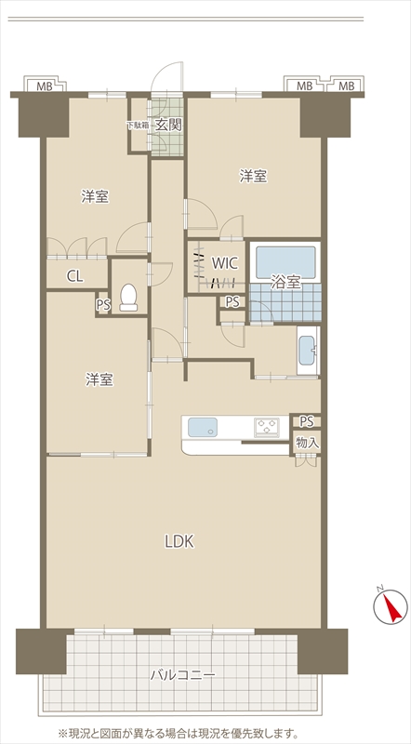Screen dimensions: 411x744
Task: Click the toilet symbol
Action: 128,298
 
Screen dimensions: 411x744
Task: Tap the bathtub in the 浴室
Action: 285,262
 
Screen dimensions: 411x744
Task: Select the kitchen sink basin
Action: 203,428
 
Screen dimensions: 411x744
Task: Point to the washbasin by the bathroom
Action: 308,351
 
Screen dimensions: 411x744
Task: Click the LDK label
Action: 179,541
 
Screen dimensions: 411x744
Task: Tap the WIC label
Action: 224,262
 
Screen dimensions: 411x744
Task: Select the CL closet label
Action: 75,276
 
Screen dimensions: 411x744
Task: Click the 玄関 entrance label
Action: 168,125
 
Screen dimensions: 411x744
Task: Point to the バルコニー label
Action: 183,674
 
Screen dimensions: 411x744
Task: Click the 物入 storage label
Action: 308,444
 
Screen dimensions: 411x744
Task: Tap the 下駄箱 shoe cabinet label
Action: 138,126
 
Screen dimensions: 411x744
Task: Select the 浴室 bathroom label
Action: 285,283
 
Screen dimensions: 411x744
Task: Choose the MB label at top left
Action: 45,86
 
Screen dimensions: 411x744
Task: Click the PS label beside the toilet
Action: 103,305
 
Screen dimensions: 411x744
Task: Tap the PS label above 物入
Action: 307,421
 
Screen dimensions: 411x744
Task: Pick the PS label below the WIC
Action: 232,301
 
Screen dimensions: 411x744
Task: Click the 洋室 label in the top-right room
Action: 253,177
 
